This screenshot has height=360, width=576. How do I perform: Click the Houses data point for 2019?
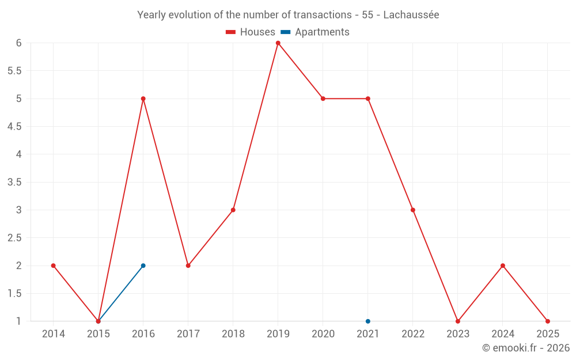pyautogui.click(x=278, y=43)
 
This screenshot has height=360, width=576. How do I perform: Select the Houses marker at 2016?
pyautogui.click(x=143, y=98)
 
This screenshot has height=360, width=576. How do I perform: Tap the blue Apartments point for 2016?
pyautogui.click(x=143, y=266)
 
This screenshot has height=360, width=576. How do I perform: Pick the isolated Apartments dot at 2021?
pyautogui.click(x=367, y=321)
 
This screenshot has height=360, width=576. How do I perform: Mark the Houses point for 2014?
pyautogui.click(x=53, y=266)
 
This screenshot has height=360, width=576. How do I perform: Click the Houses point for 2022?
pyautogui.click(x=412, y=210)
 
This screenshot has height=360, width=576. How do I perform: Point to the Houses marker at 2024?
pyautogui.click(x=502, y=266)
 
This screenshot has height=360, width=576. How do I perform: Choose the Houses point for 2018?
pyautogui.click(x=233, y=210)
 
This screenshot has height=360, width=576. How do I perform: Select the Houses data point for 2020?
pyautogui.click(x=323, y=98)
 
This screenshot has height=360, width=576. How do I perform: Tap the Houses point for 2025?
pyautogui.click(x=547, y=321)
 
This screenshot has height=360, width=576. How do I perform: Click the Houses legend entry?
pyautogui.click(x=251, y=32)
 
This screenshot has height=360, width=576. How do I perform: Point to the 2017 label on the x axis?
pyautogui.click(x=188, y=334)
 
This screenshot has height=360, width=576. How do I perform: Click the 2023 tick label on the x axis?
pyautogui.click(x=457, y=334)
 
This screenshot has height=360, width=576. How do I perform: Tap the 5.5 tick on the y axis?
pyautogui.click(x=14, y=71)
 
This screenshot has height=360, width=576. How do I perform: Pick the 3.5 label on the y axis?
pyautogui.click(x=14, y=182)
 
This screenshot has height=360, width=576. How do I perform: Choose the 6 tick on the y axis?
pyautogui.click(x=18, y=43)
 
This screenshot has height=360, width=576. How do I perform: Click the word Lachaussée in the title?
pyautogui.click(x=411, y=15)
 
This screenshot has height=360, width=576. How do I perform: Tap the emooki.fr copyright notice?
pyautogui.click(x=525, y=348)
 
